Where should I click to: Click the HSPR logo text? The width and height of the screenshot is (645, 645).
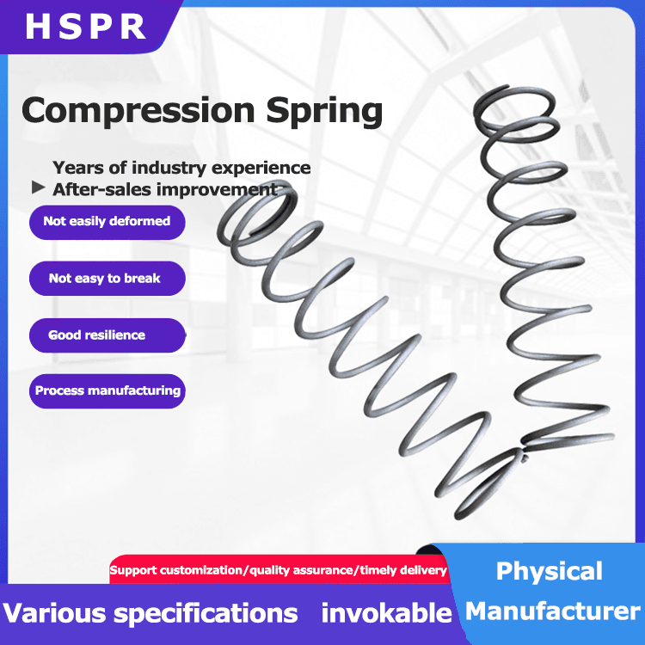tap(86, 27)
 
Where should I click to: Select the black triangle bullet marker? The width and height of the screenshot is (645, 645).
tap(37, 187)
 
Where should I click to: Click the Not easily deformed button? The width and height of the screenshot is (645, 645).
tap(107, 222)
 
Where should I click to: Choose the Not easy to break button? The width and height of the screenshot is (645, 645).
tap(105, 279)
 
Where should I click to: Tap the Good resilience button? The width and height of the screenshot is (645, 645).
tap(97, 335)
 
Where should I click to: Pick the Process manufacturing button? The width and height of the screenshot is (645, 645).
tap(107, 390)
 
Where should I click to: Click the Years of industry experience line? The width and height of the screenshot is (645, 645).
tap(181, 168)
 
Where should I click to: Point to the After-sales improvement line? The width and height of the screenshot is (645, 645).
tap(165, 189)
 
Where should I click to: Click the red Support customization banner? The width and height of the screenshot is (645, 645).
tap(279, 570)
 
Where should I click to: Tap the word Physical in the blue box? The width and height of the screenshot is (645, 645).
tap(550, 572)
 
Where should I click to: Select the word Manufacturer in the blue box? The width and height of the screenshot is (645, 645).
tap(553, 611)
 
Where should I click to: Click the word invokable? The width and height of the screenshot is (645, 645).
tap(386, 613)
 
